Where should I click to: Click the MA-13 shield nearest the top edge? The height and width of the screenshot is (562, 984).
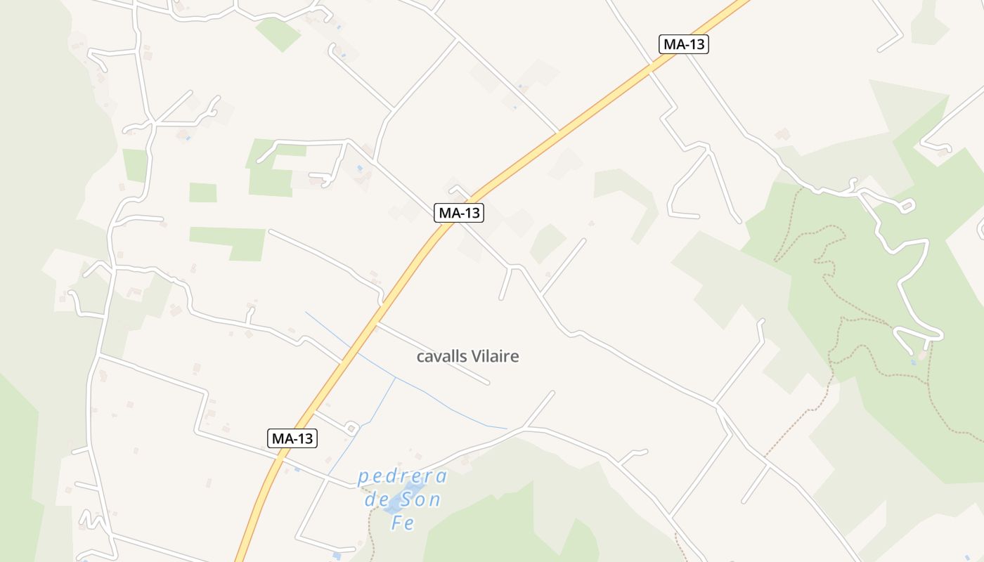pos(684,44)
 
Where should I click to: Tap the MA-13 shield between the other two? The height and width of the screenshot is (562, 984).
pos(459,212)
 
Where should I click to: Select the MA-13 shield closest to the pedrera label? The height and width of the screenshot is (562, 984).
pos(293,438)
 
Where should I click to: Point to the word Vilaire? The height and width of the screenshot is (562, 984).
pos(496,357)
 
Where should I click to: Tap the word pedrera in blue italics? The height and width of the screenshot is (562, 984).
pos(402,478)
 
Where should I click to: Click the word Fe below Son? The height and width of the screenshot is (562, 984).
pos(403,523)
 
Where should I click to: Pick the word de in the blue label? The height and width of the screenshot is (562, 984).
pos(376,500)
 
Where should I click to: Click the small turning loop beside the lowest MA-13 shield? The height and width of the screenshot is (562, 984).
pos(351,427)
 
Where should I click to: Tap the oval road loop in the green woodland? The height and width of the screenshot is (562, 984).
pos(907,206)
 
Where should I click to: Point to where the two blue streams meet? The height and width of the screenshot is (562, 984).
pos(396,378)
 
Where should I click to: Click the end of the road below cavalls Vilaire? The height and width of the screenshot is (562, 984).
pos(487,383)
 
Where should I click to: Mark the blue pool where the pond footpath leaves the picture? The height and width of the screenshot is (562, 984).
pos(337,556)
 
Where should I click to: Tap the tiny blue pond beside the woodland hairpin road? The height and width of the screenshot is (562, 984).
pos(914,362)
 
